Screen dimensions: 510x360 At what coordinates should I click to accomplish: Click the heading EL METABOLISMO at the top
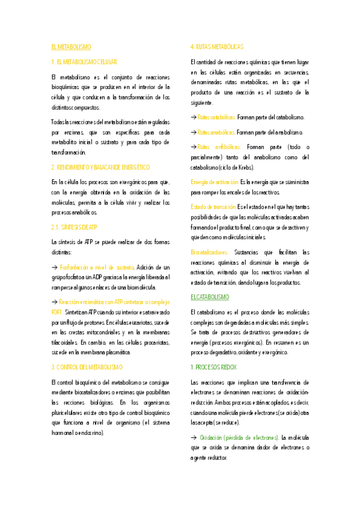point(71,46)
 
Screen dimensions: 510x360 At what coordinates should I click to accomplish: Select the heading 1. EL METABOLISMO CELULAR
point(84,62)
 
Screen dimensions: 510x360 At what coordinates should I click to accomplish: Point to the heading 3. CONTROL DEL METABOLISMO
point(87,366)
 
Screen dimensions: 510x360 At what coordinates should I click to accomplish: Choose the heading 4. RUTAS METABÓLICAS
point(217,46)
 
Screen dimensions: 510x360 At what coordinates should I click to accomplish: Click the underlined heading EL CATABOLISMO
point(210,296)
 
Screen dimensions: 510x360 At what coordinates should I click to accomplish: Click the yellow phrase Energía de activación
point(215,182)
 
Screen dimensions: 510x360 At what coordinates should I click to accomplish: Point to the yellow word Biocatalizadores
point(210,252)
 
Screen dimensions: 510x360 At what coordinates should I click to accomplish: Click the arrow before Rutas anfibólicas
point(193,147)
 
